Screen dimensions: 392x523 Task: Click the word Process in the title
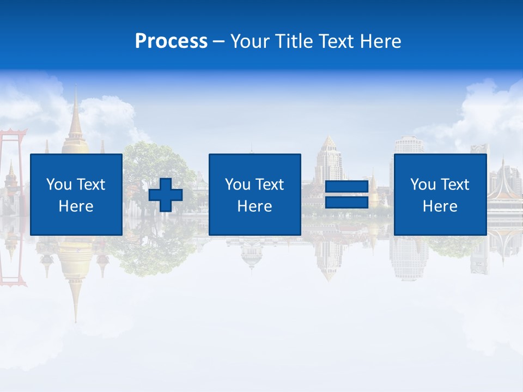171,41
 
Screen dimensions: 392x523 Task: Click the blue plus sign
166,194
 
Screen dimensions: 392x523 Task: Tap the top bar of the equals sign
347,187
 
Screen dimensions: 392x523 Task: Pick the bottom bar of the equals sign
347,203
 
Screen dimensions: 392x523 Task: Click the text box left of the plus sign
76,194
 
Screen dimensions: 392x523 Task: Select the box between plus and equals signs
254,194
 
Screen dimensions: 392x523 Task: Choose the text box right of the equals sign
440,194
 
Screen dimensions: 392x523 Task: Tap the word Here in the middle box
254,206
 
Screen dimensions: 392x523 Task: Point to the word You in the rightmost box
423,185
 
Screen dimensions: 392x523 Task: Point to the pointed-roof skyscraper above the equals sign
329,158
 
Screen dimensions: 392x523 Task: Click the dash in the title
218,41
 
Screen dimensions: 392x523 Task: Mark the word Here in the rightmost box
440,206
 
